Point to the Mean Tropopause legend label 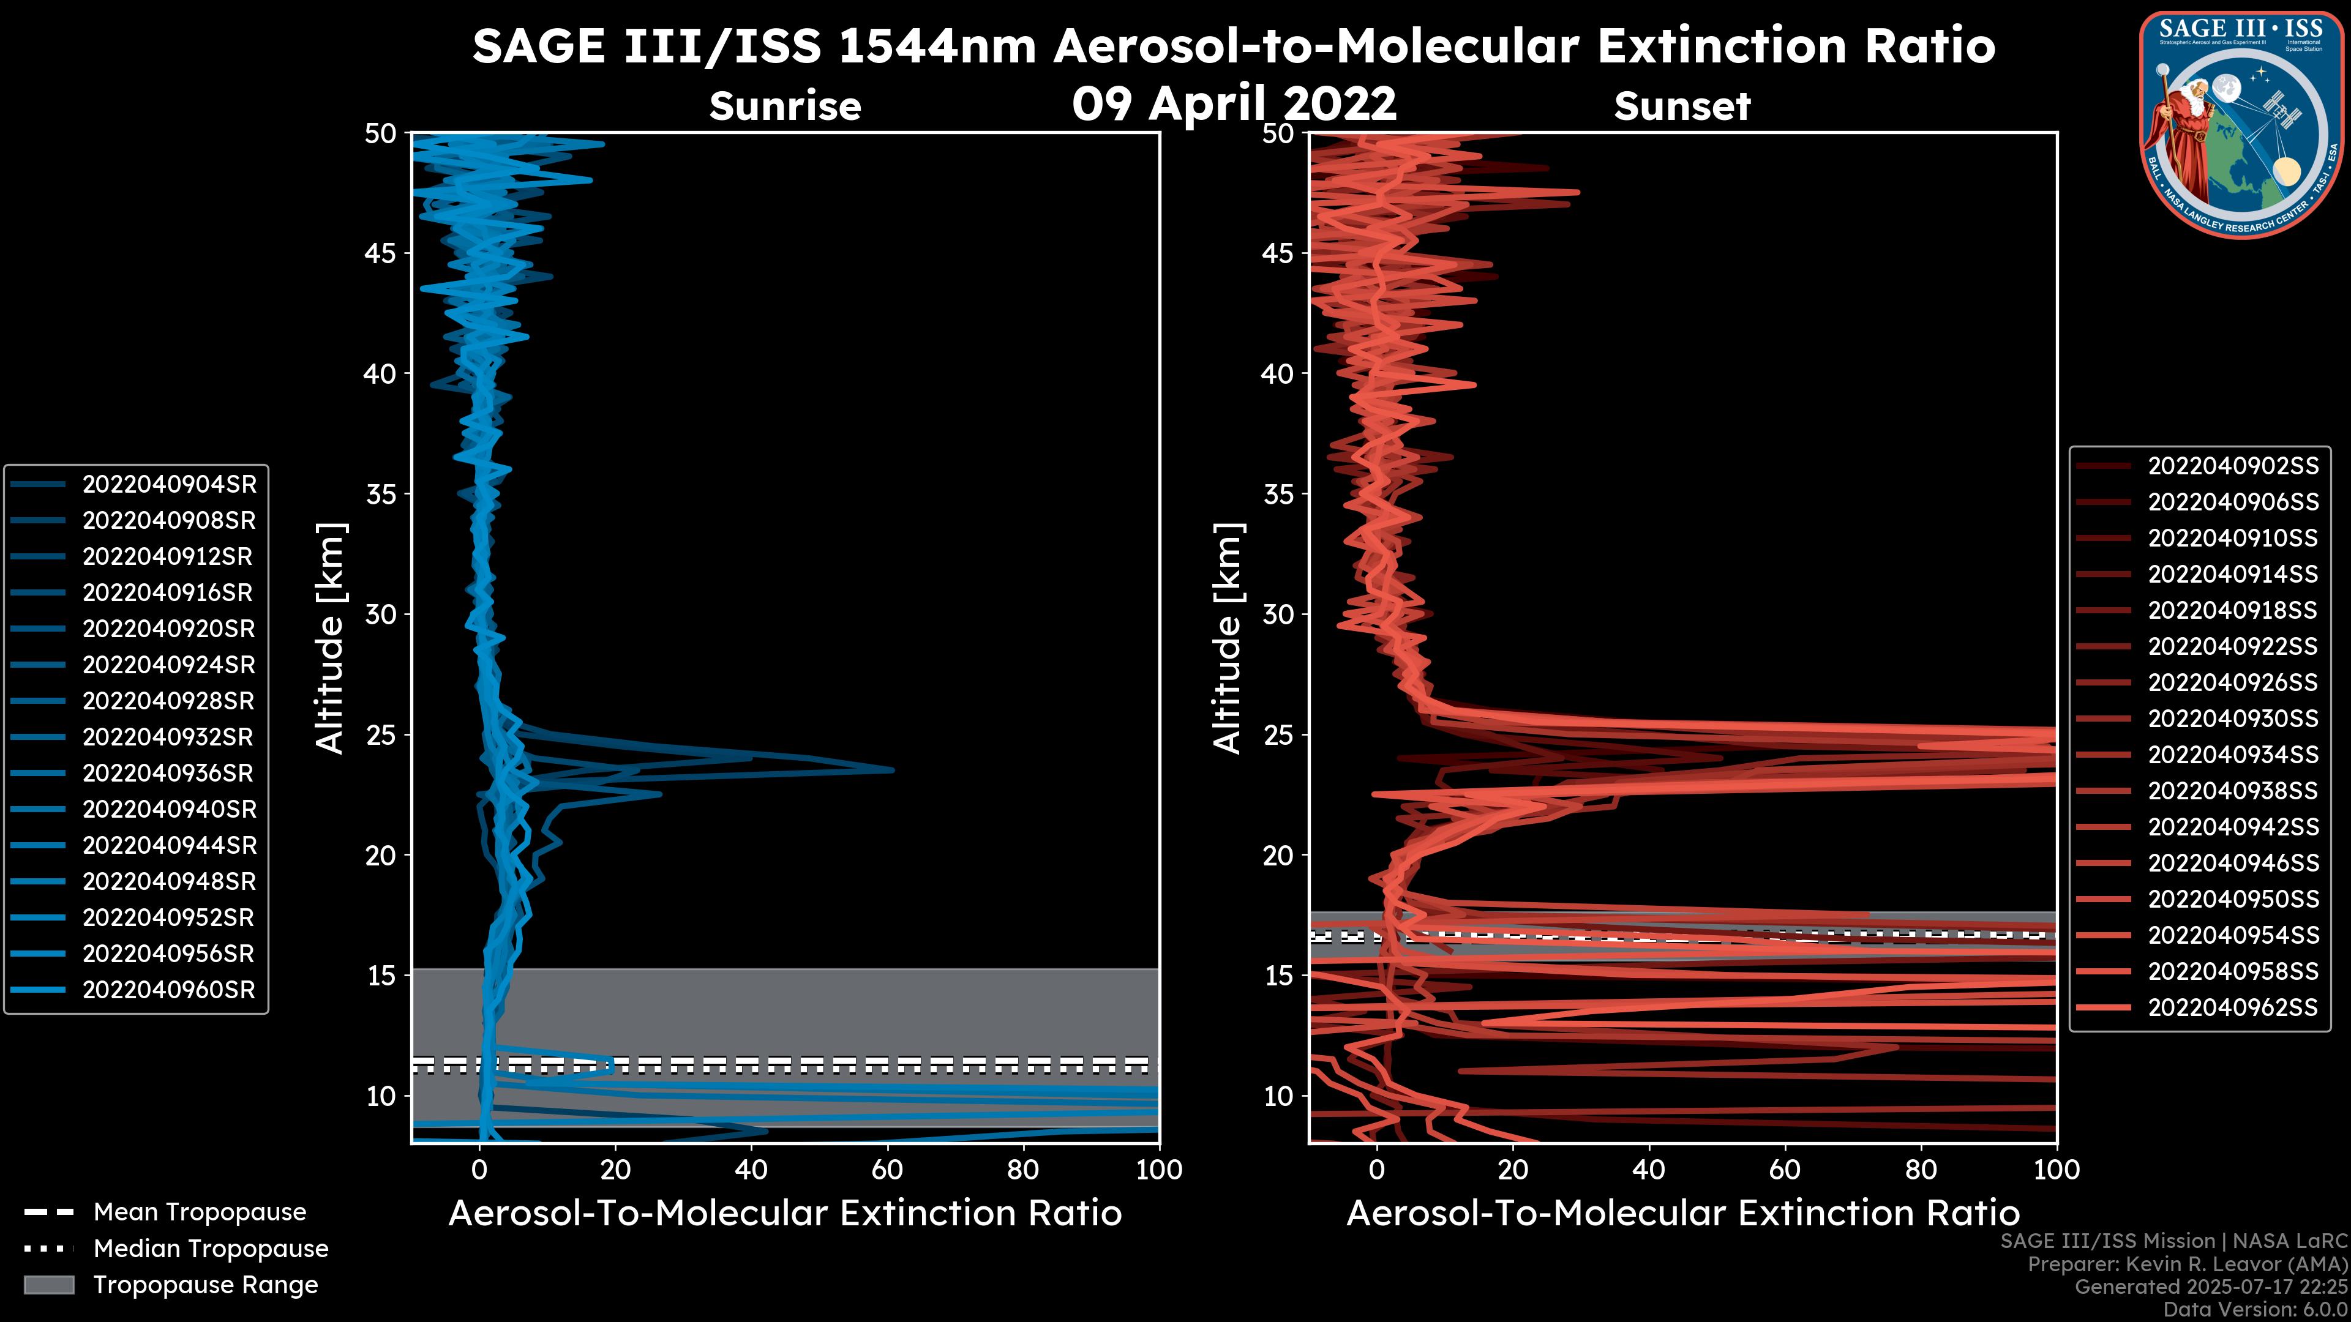[x=199, y=1212]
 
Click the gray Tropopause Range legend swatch [x=49, y=1285]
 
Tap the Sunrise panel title [x=785, y=106]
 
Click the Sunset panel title [x=1682, y=106]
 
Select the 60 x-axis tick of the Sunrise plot [x=887, y=1170]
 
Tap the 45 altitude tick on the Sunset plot [x=1278, y=253]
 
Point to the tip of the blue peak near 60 [x=893, y=770]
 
